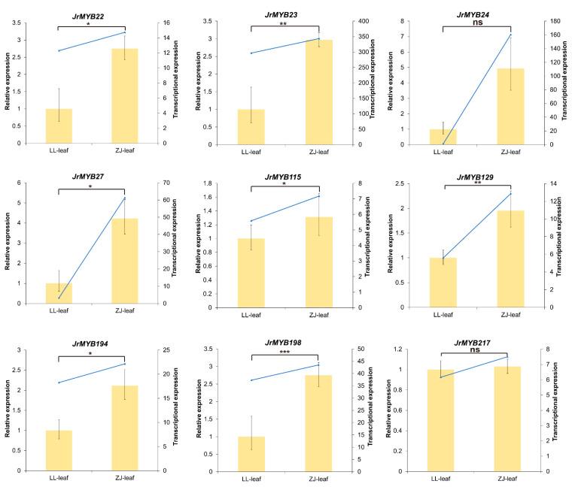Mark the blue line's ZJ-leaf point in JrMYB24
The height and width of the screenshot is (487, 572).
[x=510, y=35]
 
